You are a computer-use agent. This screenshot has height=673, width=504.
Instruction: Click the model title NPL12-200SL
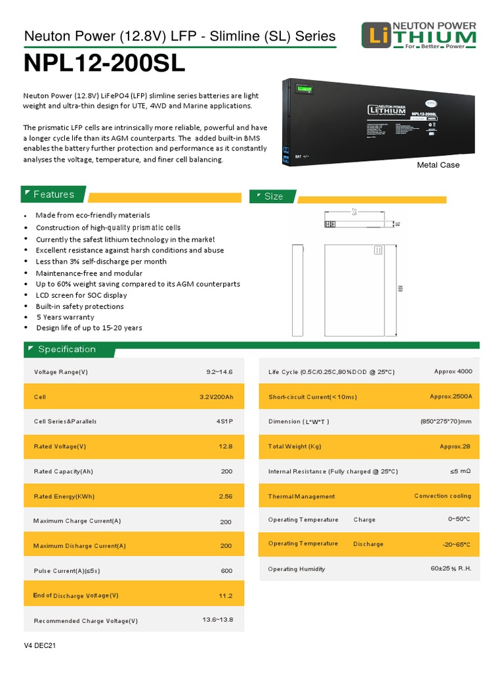[x=105, y=64]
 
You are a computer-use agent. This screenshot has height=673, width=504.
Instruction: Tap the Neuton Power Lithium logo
[x=419, y=36]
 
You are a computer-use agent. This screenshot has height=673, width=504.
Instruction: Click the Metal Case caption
[x=438, y=165]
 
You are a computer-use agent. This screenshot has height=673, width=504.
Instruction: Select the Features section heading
[x=54, y=195]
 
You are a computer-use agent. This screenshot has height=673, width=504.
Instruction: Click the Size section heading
[x=274, y=197]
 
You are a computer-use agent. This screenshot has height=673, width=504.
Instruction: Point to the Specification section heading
[x=67, y=349]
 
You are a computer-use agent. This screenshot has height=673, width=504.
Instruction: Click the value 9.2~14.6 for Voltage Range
[x=219, y=372]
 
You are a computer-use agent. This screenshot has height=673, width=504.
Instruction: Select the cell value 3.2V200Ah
[x=216, y=397]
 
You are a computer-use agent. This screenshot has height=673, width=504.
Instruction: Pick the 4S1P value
[x=224, y=421]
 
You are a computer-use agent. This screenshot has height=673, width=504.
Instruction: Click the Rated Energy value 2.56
[x=226, y=496]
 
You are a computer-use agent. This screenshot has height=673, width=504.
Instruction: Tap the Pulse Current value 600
[x=226, y=571]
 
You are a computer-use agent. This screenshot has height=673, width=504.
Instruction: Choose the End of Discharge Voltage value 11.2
[x=226, y=595]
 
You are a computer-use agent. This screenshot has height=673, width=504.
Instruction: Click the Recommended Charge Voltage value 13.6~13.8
[x=218, y=620]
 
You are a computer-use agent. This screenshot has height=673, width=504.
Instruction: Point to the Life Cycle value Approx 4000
[x=453, y=371]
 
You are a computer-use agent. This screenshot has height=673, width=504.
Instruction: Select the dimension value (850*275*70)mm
[x=446, y=421]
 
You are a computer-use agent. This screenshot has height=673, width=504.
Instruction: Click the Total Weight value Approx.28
[x=455, y=446]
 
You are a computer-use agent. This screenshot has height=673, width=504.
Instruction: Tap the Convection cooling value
[x=442, y=496]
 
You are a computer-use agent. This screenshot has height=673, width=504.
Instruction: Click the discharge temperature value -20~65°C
[x=456, y=544]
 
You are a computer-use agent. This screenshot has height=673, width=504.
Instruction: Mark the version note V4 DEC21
[x=40, y=646]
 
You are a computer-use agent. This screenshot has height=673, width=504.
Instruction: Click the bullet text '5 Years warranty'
[x=65, y=317]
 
